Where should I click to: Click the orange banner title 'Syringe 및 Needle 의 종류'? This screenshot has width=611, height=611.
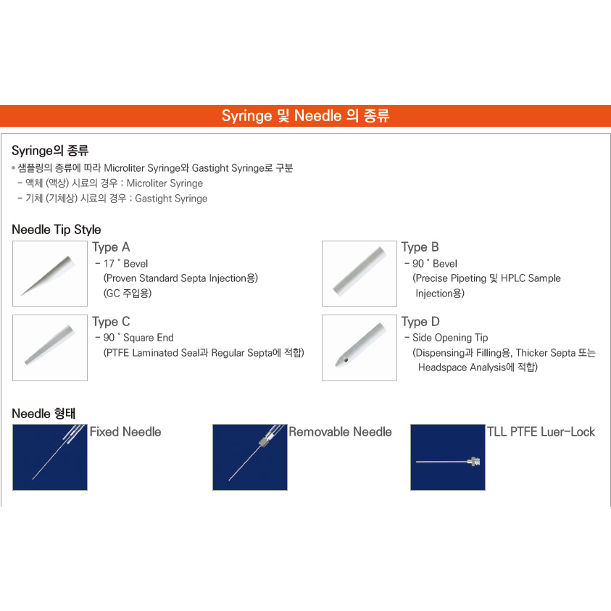(305, 116)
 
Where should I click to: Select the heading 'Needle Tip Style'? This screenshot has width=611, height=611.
(57, 230)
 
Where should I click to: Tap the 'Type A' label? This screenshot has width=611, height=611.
(111, 247)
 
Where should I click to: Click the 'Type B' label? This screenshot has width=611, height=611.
(420, 247)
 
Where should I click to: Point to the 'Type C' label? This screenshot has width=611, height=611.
(111, 321)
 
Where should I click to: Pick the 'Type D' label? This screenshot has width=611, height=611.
(420, 321)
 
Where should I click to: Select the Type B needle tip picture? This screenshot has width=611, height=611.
(359, 273)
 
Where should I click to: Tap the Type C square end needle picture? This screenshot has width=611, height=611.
(50, 347)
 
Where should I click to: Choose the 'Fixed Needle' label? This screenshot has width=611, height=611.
(125, 432)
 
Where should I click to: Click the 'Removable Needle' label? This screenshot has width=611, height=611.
(340, 432)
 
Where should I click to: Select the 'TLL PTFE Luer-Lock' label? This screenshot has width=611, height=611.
(541, 432)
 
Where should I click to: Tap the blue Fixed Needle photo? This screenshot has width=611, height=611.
(50, 457)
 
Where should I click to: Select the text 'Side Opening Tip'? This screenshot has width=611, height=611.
(450, 338)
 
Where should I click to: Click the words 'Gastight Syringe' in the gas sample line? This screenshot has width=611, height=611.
(171, 199)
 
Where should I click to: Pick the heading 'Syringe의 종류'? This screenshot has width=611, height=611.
(50, 151)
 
